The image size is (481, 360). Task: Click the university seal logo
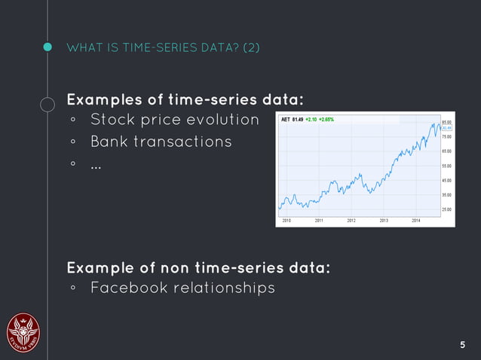click(23, 332)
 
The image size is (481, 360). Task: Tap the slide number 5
click(463, 345)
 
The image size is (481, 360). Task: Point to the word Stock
click(115, 120)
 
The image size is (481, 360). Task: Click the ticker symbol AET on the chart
click(285, 119)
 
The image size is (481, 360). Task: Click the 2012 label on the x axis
click(351, 221)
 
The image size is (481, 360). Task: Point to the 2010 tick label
click(286, 221)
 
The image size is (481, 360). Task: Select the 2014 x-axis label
click(416, 221)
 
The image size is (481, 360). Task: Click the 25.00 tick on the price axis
click(446, 209)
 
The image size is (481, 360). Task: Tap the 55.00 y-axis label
click(446, 166)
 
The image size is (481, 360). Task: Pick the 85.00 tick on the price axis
click(446, 122)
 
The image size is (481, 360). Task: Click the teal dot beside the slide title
click(47, 48)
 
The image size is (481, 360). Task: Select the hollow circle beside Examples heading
click(47, 105)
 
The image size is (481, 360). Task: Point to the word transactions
click(186, 142)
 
